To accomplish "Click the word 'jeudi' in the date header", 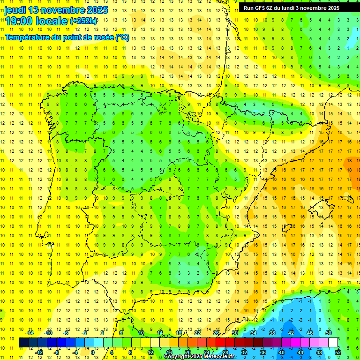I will [15, 10].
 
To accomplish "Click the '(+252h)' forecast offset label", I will [83, 21].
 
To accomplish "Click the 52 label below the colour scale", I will [338, 352].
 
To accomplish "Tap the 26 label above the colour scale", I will [216, 333].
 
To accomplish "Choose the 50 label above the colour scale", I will [328, 333].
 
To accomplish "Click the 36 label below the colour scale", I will [263, 352].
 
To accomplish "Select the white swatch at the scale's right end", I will [333, 343].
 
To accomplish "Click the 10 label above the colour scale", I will [141, 333].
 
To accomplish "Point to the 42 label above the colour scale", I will [291, 333].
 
